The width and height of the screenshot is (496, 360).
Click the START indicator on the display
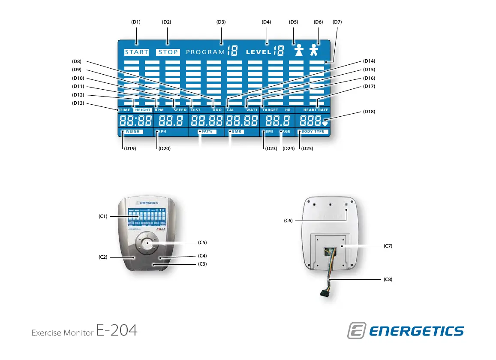pyautogui.click(x=137, y=52)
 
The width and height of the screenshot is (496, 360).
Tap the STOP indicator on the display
pyautogui.click(x=168, y=52)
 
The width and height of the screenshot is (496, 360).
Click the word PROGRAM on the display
pyautogui.click(x=206, y=52)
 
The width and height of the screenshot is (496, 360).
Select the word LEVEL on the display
pyautogui.click(x=259, y=52)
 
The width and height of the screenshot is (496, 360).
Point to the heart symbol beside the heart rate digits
pyautogui.click(x=325, y=124)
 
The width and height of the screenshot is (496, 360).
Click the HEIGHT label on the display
pyautogui.click(x=143, y=110)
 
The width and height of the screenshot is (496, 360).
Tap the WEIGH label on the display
pyautogui.click(x=132, y=131)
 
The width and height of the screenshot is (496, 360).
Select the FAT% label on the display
pyautogui.click(x=208, y=131)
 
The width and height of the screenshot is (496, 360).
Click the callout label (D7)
pyautogui.click(x=337, y=22)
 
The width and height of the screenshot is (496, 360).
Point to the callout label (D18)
pyautogui.click(x=369, y=112)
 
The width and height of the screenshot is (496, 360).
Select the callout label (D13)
pyautogui.click(x=77, y=103)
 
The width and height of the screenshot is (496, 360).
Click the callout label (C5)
pyautogui.click(x=202, y=242)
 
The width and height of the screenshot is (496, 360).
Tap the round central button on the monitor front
pyautogui.click(x=146, y=244)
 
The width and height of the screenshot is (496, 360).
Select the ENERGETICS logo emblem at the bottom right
pyautogui.click(x=356, y=331)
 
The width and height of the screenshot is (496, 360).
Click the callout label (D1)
pyautogui.click(x=136, y=22)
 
